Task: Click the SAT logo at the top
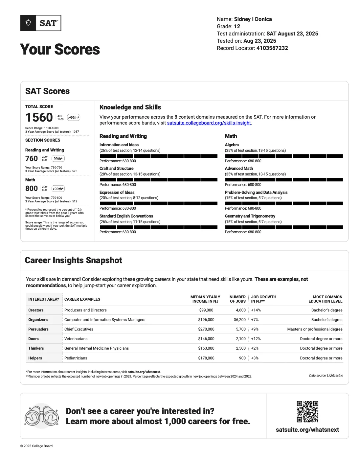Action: pyautogui.click(x=41, y=23)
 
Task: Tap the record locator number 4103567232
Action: pyautogui.click(x=272, y=48)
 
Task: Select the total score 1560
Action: pyautogui.click(x=39, y=117)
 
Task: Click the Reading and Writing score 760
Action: pyautogui.click(x=32, y=158)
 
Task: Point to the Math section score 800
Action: pyautogui.click(x=32, y=188)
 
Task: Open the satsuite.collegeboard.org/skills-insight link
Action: pyautogui.click(x=209, y=123)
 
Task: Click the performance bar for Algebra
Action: pyautogui.click(x=284, y=156)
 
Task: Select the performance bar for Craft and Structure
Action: pyautogui.click(x=158, y=180)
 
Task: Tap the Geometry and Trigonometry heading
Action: pyautogui.click(x=250, y=216)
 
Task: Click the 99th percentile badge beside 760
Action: pyautogui.click(x=58, y=159)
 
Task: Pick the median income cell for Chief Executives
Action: pyautogui.click(x=206, y=329)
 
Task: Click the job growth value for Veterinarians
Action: pyautogui.click(x=256, y=339)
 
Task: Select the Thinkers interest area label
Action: pyautogui.click(x=36, y=348)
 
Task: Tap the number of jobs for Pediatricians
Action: pyautogui.click(x=242, y=358)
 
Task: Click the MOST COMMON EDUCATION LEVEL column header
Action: pyautogui.click(x=325, y=299)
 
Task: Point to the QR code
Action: pyautogui.click(x=307, y=411)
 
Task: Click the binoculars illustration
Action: pyautogui.click(x=42, y=416)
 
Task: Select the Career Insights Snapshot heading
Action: pyautogui.click(x=74, y=261)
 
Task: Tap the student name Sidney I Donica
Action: pyautogui.click(x=253, y=19)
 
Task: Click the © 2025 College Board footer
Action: pyautogui.click(x=37, y=446)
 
